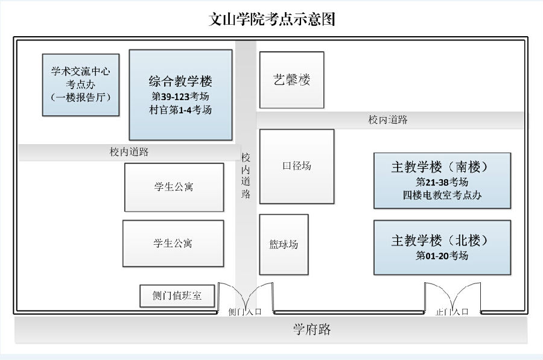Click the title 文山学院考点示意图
271,19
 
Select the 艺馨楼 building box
291,80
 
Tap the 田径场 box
296,166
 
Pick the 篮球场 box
284,244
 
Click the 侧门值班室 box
177,296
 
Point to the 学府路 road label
312,330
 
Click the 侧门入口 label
245,312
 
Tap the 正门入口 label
452,312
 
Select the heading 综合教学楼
180,81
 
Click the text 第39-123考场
180,96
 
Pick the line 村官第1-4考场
180,110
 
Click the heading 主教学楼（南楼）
442,167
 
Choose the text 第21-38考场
442,182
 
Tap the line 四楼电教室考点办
442,195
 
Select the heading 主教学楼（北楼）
442,240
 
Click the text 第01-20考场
442,256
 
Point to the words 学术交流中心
80,71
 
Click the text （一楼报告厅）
80,97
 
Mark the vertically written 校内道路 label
246,175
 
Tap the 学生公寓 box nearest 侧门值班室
173,244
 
